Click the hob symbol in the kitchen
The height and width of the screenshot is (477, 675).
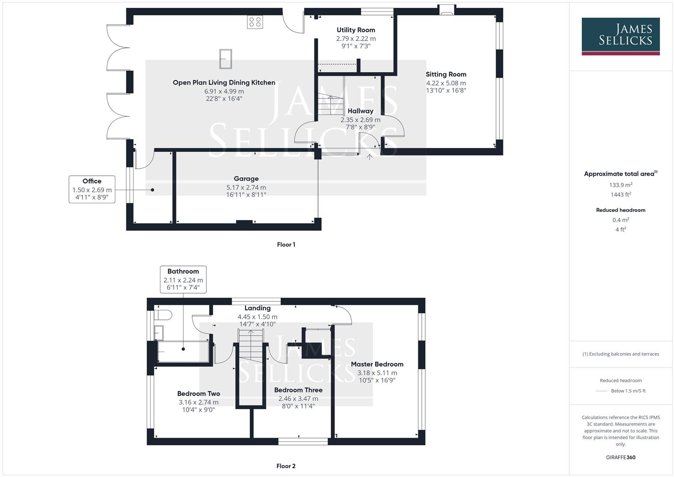[x=255, y=22]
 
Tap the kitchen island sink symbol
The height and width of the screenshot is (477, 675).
[x=225, y=59]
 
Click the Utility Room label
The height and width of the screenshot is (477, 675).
[x=356, y=30]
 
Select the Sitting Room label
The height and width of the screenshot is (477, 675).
[x=446, y=74]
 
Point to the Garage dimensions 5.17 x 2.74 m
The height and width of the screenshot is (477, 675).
[x=246, y=187]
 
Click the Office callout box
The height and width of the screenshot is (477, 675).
[x=92, y=189]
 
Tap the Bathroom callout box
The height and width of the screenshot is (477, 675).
[x=183, y=279]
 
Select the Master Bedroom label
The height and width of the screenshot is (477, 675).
[x=377, y=364]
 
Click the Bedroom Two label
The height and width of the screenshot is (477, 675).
[x=198, y=394]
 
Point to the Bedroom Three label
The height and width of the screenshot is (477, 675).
[x=298, y=390]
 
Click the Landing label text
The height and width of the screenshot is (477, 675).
[x=257, y=308]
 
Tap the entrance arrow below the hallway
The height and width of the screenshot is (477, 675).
[x=370, y=156]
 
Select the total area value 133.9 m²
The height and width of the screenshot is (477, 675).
[x=621, y=185]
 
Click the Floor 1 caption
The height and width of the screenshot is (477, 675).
[x=286, y=245]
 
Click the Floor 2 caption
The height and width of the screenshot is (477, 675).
[x=286, y=466]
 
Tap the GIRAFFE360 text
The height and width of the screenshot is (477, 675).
[x=621, y=457]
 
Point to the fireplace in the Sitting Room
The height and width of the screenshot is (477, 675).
[x=446, y=11]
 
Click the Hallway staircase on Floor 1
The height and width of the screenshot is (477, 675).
[x=330, y=99]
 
